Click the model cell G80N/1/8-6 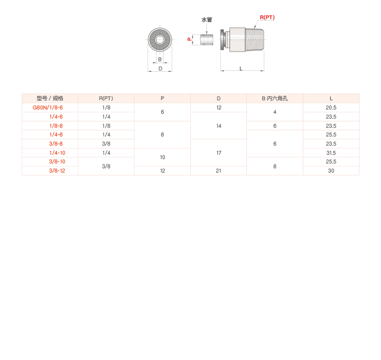tap(48, 107)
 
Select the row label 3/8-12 tap(57, 171)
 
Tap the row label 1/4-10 tap(57, 153)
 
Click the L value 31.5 tap(331, 153)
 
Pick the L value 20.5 tap(331, 107)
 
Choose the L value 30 tap(331, 171)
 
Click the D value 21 tap(218, 171)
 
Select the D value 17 tap(218, 153)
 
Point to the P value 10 tap(163, 157)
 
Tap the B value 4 tap(275, 112)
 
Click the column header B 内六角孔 tap(275, 98)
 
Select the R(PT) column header tap(106, 98)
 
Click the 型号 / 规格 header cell tap(50, 98)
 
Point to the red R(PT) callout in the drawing tap(267, 17)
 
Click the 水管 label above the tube tap(207, 20)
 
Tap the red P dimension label tap(190, 39)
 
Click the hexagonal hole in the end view tap(160, 40)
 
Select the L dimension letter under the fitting tap(241, 68)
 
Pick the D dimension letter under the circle tap(161, 68)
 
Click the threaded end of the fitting tap(255, 40)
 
